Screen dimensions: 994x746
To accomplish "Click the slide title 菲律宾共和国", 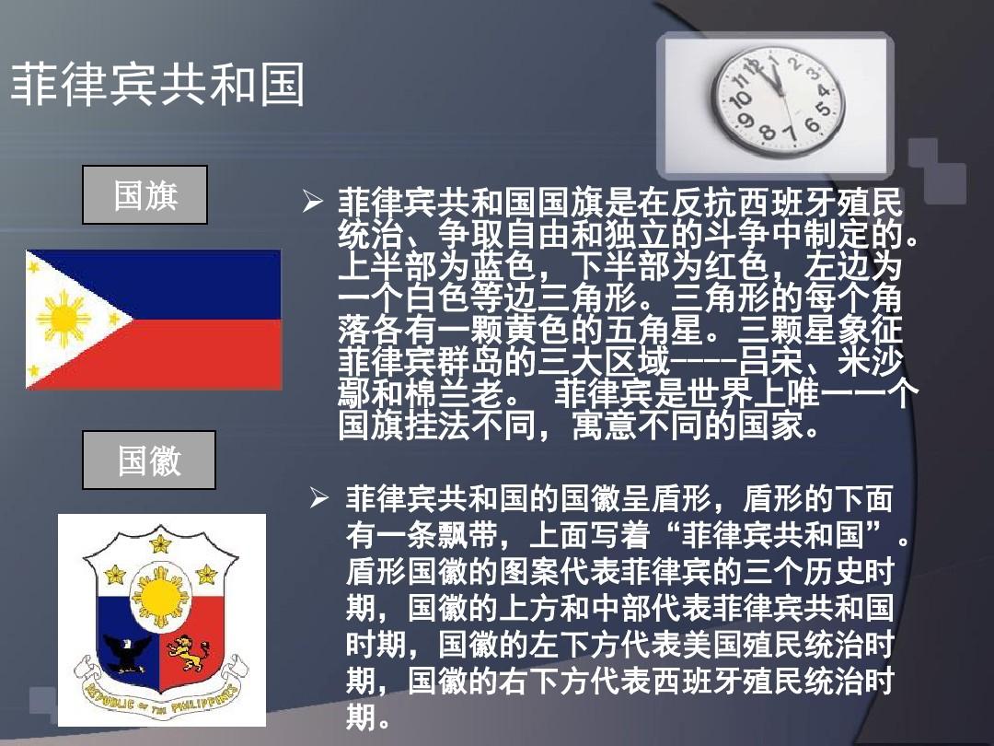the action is click(157, 84).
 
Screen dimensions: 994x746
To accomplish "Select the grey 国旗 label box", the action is click(144, 194).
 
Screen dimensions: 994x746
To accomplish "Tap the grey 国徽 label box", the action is click(149, 460).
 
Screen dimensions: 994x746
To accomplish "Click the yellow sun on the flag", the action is click(63, 319).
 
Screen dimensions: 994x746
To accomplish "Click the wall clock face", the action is click(779, 101).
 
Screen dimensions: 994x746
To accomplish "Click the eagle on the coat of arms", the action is click(129, 653).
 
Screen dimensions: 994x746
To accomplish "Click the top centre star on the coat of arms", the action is click(160, 543).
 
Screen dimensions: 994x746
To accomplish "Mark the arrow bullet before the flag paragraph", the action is click(313, 202).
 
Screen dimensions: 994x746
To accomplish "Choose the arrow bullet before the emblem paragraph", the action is click(319, 498).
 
